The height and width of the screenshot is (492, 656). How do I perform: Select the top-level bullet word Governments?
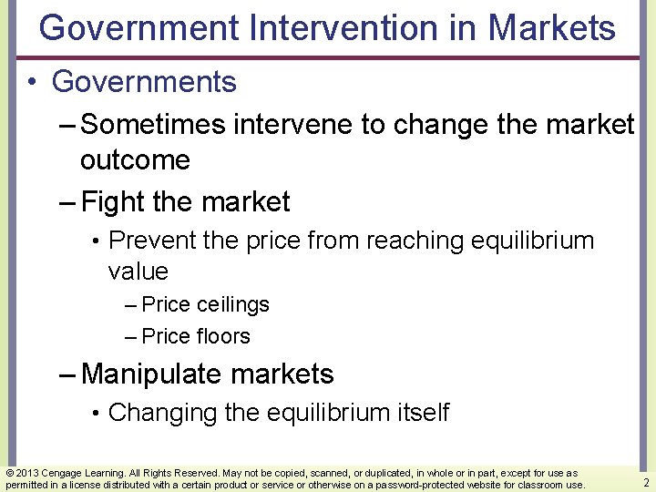point(144,82)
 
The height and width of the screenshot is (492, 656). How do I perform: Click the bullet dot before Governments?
point(32,83)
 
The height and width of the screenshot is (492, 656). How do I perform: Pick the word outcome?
point(135,160)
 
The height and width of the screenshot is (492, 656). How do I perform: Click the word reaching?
point(415,241)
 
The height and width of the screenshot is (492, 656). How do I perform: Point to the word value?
point(138,272)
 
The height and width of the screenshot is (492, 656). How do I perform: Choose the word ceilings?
point(232,304)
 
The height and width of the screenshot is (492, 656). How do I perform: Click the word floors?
point(222,336)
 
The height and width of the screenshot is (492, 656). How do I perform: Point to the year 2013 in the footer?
point(26,473)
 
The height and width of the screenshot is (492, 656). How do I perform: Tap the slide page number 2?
point(645,483)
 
